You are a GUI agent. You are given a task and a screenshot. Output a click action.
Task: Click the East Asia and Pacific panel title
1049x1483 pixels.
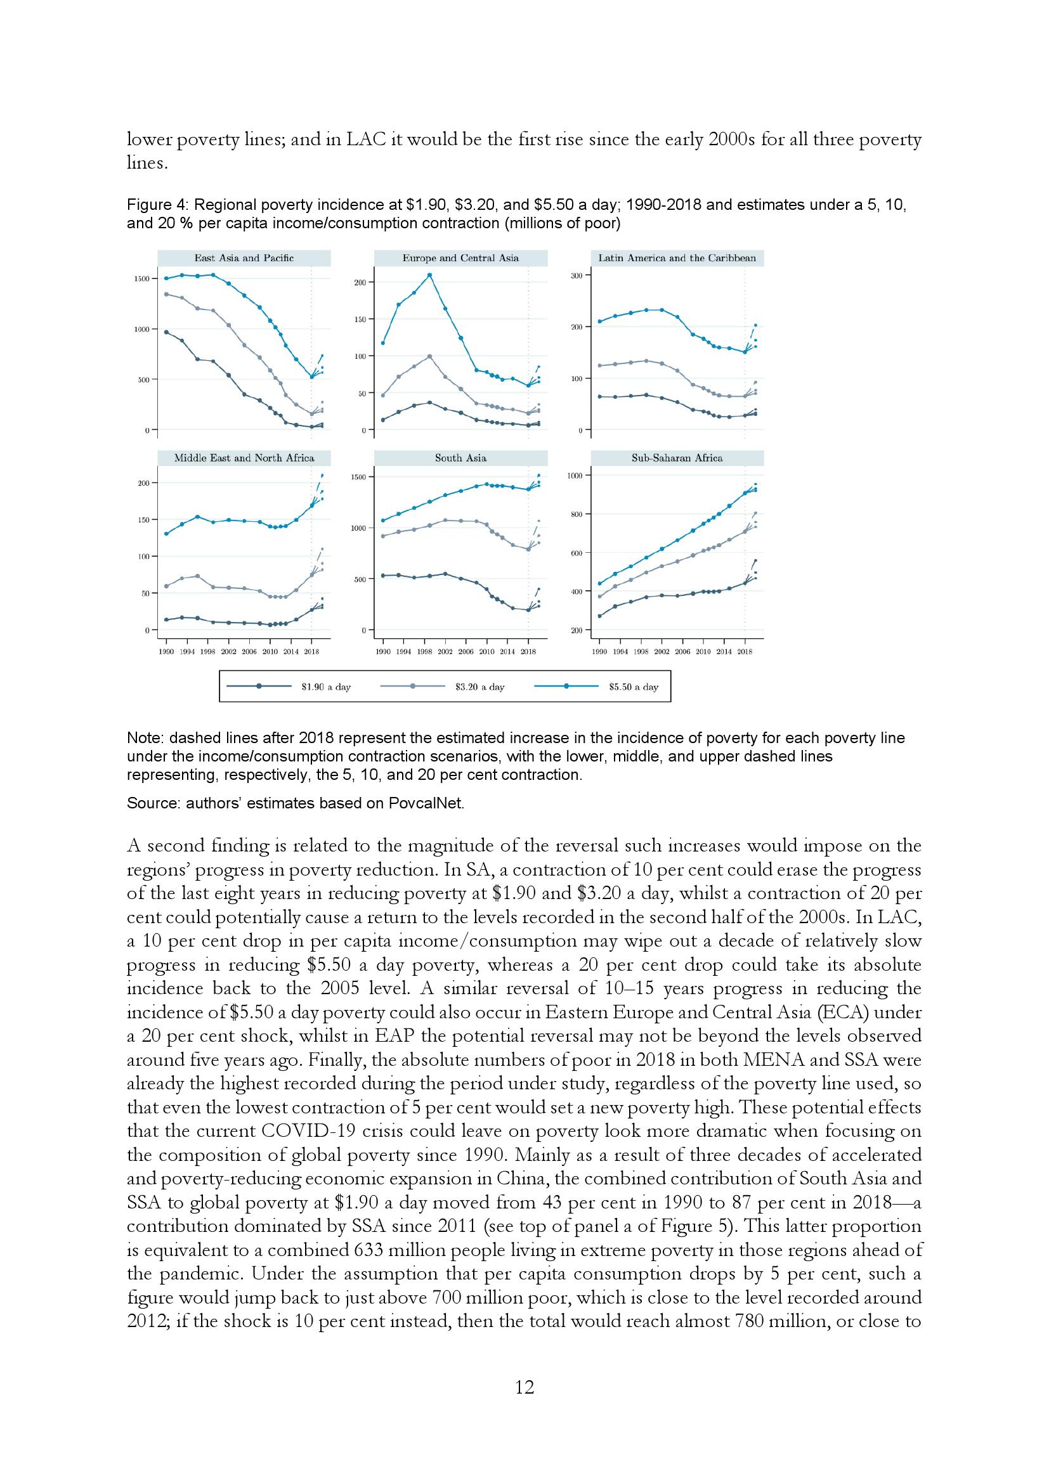point(244,258)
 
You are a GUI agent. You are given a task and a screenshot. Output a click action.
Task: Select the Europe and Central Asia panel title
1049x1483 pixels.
point(460,258)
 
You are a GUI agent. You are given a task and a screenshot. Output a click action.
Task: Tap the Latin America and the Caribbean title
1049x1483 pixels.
point(677,258)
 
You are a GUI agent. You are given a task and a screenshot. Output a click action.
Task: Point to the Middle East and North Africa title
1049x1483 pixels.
point(244,458)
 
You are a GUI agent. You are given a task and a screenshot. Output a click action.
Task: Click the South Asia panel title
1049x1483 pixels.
point(460,458)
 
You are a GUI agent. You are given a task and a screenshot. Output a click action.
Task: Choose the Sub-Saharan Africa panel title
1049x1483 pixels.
point(677,458)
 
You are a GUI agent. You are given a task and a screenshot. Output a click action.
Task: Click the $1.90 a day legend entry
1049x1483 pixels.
point(325,687)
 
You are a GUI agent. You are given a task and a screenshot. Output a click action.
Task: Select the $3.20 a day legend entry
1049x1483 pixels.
point(479,687)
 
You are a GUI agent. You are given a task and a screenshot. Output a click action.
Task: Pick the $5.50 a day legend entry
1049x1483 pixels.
point(633,687)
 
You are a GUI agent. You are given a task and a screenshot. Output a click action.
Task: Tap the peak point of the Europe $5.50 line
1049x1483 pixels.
point(429,275)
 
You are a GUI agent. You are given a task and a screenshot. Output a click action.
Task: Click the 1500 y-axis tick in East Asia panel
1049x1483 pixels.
point(141,279)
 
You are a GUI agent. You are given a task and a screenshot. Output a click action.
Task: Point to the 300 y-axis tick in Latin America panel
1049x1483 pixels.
point(576,276)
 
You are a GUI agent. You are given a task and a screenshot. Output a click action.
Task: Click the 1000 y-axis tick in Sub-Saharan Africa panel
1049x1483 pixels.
point(574,476)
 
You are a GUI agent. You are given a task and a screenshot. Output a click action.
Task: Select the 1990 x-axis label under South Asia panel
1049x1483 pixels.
point(383,652)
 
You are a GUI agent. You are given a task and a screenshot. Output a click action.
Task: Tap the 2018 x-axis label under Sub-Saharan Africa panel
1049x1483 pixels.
point(745,652)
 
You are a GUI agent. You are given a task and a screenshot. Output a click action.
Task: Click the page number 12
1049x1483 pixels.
point(524,1387)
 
